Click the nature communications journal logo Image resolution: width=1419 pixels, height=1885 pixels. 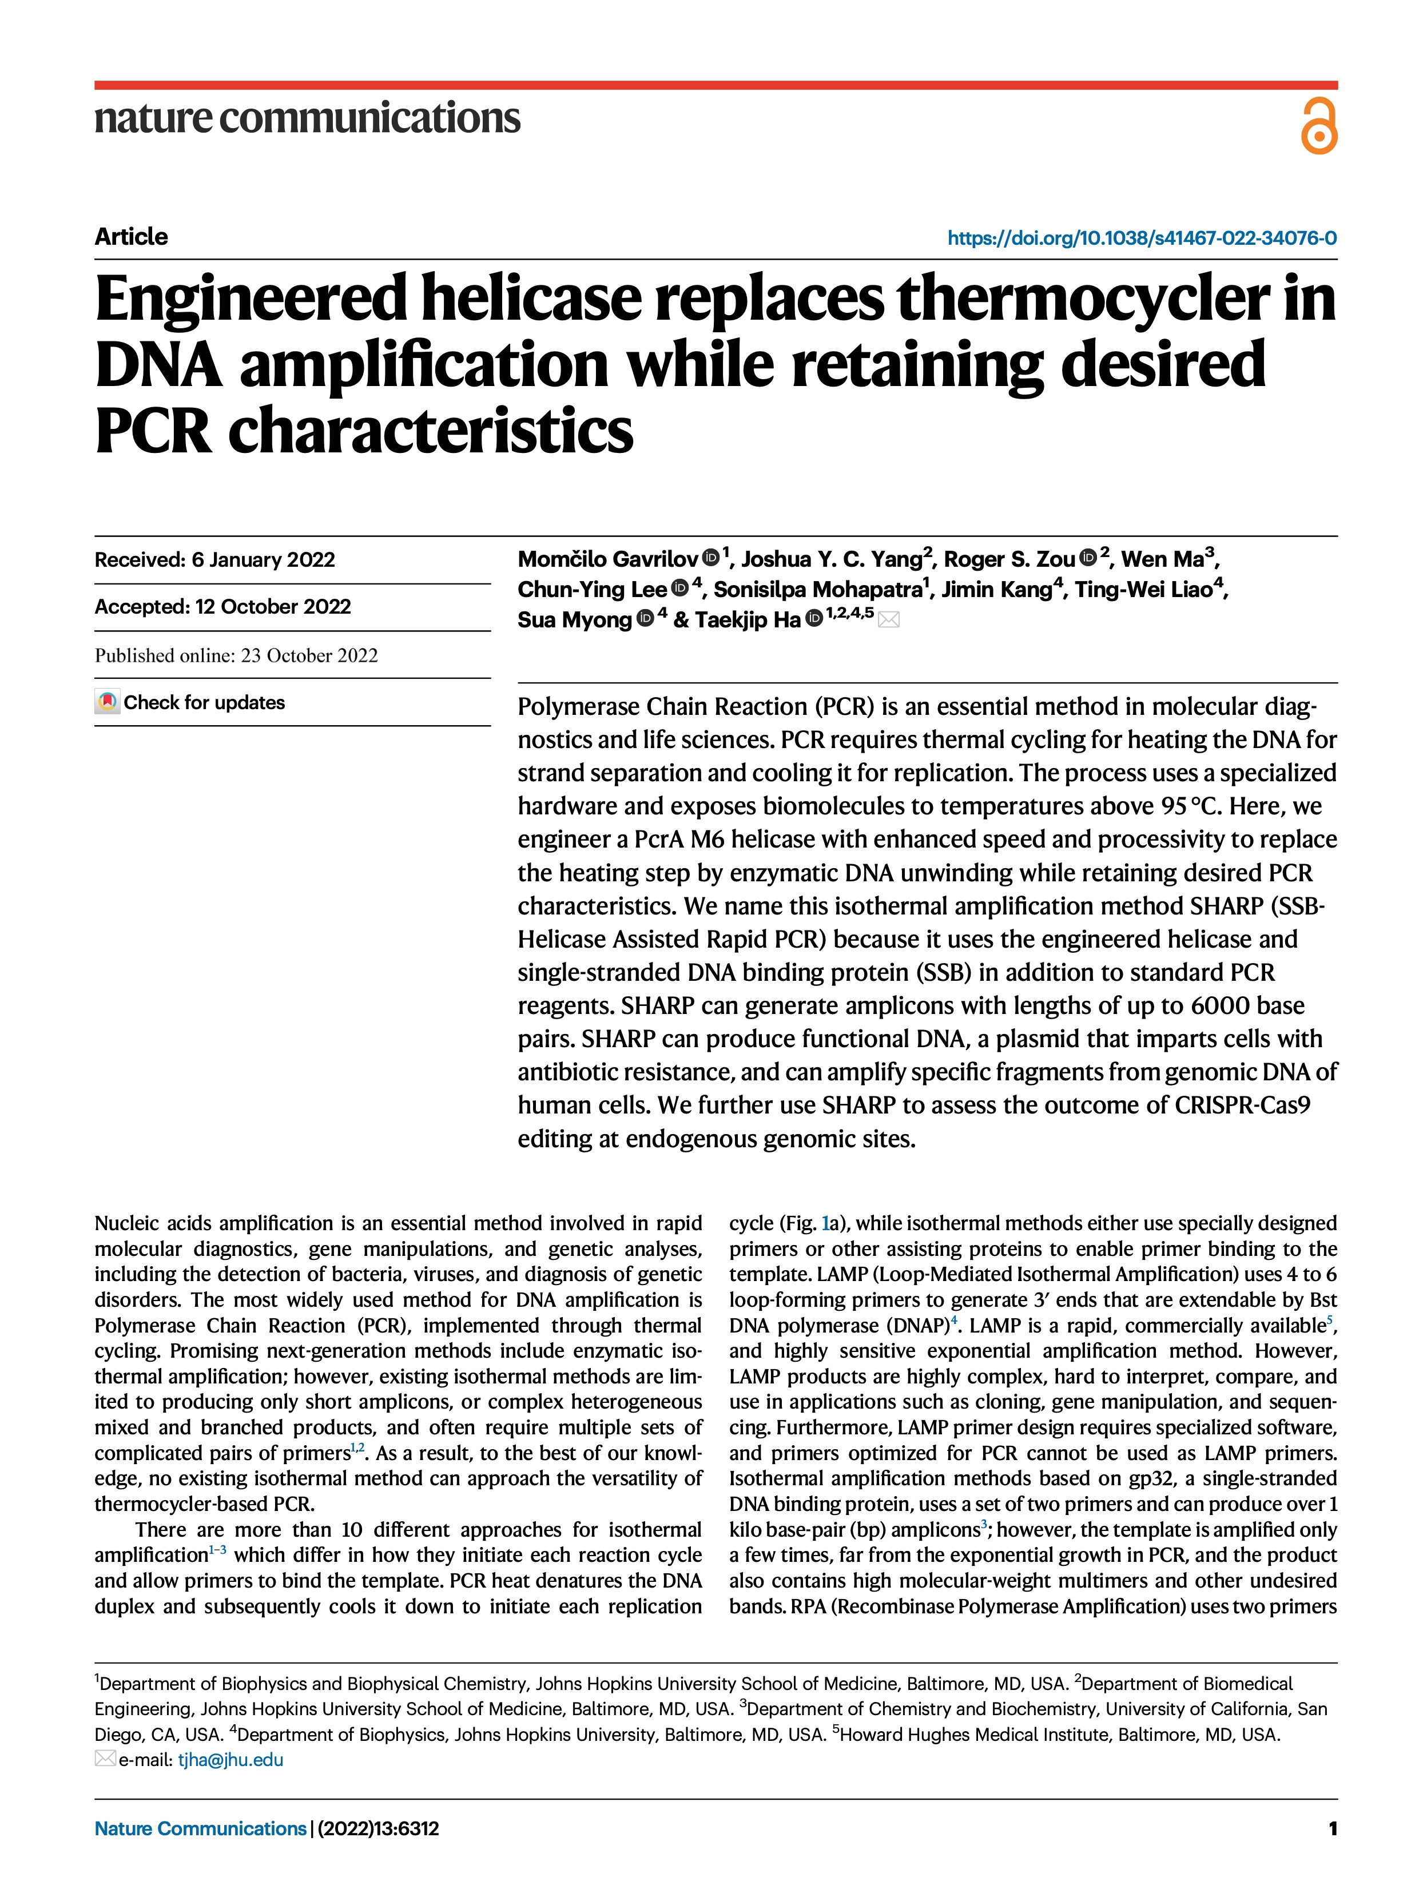(x=307, y=118)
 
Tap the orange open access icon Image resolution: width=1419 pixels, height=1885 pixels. (x=1318, y=126)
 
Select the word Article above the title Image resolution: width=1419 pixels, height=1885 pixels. (x=131, y=236)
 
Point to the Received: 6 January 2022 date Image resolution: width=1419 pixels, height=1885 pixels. (x=215, y=560)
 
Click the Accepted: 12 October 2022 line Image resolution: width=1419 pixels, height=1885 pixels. (x=222, y=607)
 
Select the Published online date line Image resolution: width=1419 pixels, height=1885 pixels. (x=236, y=655)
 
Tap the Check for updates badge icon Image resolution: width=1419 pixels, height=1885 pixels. (x=108, y=702)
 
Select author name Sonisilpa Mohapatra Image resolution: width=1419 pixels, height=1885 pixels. (x=818, y=589)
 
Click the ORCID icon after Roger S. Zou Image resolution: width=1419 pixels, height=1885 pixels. (x=1087, y=558)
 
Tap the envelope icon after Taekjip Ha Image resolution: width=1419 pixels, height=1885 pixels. (x=889, y=619)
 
